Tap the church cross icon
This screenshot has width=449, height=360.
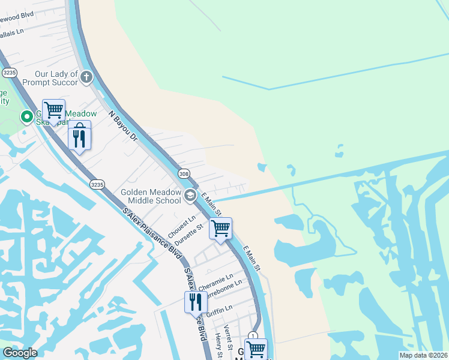tap(87, 77)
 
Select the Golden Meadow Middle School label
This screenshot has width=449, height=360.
tap(151, 196)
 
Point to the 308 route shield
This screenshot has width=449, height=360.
tap(184, 173)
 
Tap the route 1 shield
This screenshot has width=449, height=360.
tap(253, 336)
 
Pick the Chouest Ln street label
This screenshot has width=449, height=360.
tap(182, 226)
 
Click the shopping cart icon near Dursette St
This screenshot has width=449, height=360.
tap(220, 228)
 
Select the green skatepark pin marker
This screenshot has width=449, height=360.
tap(26, 116)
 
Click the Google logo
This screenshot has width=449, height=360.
tap(20, 353)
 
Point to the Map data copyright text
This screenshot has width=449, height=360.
tap(424, 355)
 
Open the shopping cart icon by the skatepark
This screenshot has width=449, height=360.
tap(53, 110)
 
